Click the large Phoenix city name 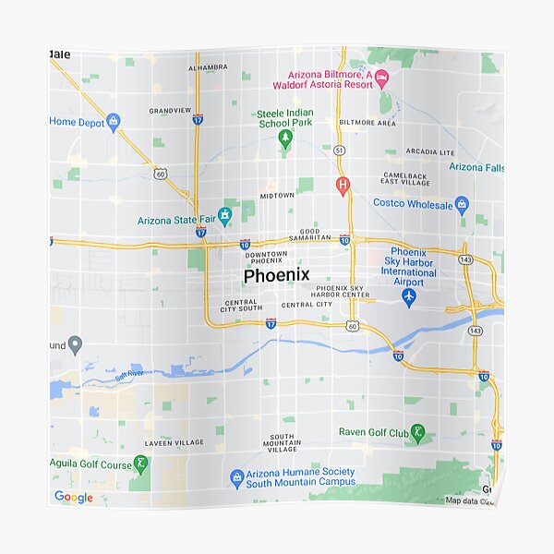(x=277, y=276)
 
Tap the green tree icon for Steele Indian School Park (x=285, y=138)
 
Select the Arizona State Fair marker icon (x=224, y=214)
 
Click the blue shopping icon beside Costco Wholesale (x=463, y=205)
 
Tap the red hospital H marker (x=343, y=186)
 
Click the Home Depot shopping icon (x=114, y=121)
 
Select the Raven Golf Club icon (x=417, y=432)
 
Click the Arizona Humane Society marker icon (x=236, y=476)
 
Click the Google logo (x=73, y=498)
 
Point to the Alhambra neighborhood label (x=208, y=67)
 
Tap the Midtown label (x=277, y=196)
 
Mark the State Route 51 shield (x=340, y=149)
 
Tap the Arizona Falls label (x=476, y=167)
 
